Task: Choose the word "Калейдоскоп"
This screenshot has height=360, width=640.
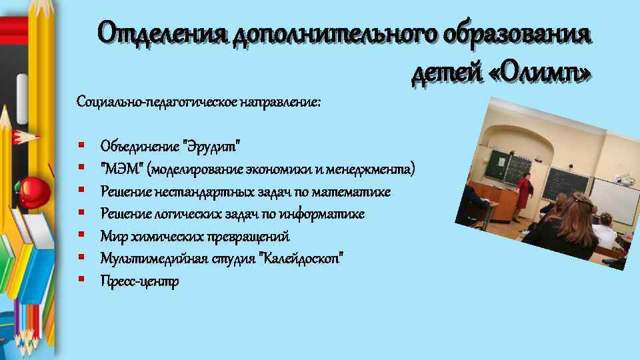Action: (x=304, y=259)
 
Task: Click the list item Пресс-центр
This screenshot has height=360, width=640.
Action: (x=139, y=281)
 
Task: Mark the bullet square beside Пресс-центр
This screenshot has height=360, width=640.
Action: (x=81, y=280)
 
